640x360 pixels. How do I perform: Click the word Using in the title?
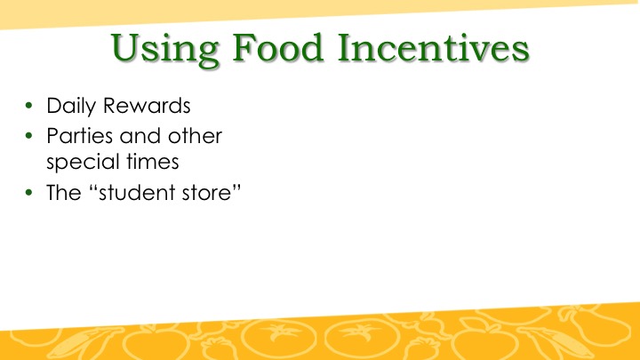point(165,50)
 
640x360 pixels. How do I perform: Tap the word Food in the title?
point(277,47)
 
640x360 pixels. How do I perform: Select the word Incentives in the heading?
point(434,47)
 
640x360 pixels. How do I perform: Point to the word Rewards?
point(147,105)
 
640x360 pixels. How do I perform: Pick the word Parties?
point(80,135)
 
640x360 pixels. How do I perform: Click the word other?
point(195,135)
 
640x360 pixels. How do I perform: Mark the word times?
point(153,162)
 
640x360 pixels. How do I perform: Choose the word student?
point(137,192)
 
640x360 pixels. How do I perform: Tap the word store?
point(206,192)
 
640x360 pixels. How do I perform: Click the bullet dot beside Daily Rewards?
point(28,105)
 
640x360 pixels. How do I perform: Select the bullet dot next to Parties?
point(28,135)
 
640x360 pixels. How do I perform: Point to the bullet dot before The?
point(28,192)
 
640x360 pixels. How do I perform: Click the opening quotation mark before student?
point(93,187)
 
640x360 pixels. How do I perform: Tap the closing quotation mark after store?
point(236,187)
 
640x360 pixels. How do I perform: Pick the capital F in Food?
point(244,48)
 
